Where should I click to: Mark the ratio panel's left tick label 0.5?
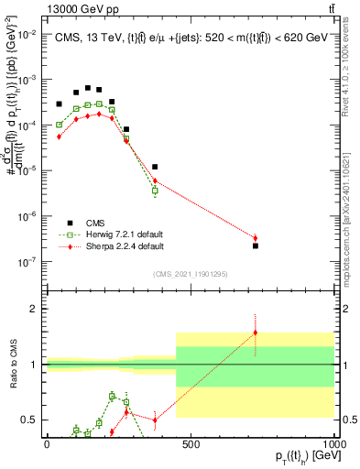28,420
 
